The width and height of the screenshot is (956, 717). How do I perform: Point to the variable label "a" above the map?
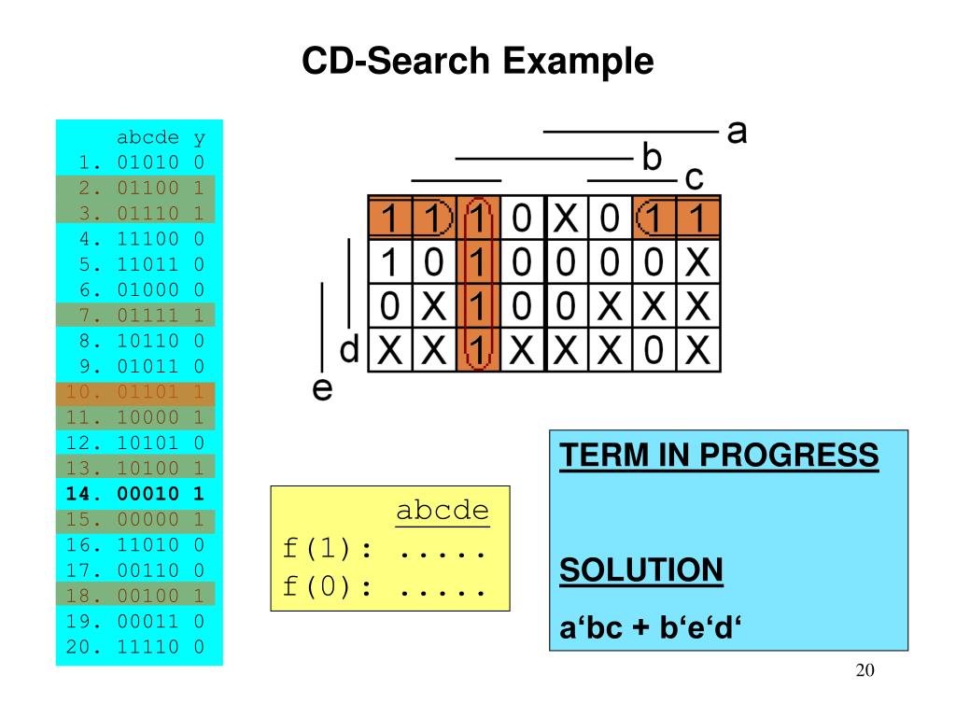738,132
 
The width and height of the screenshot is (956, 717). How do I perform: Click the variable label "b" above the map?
652,156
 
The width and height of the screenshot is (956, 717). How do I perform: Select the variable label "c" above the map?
694,177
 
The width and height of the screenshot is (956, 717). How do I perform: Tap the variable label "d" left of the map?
349,351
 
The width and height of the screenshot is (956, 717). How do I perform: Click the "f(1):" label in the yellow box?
326,550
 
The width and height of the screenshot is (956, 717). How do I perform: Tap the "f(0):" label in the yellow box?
326,590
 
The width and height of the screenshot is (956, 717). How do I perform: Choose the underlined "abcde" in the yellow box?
442,512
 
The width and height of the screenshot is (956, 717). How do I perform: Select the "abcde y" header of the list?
160,138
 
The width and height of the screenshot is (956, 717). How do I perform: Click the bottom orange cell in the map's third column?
477,352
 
